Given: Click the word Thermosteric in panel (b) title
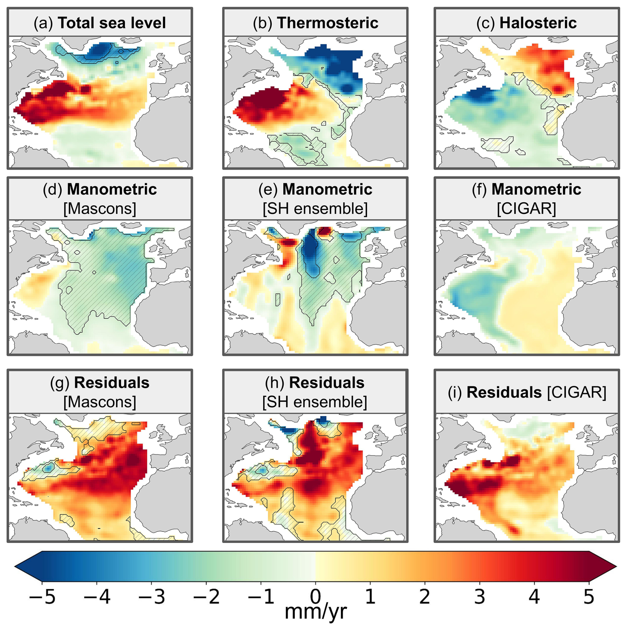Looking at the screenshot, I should [x=327, y=23].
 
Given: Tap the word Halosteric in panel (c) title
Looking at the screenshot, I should [x=538, y=23].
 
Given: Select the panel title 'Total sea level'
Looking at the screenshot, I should [x=112, y=23].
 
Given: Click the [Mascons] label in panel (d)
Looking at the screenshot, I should [x=100, y=209].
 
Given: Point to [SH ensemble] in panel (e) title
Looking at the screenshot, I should [x=315, y=209].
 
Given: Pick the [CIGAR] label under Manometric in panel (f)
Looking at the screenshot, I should [x=527, y=209].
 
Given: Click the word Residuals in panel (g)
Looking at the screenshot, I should [x=112, y=383].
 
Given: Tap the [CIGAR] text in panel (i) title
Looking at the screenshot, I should [x=577, y=392].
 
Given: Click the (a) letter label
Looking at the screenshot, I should [x=43, y=23].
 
